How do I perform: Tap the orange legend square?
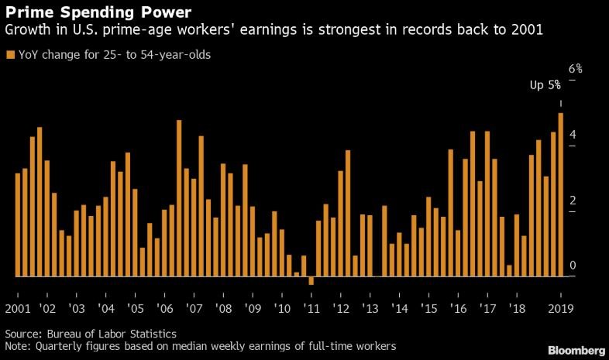[9, 55]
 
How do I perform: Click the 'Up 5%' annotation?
[545, 85]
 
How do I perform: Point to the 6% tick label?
[575, 69]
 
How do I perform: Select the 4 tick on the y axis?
[572, 135]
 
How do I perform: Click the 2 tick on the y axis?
[572, 201]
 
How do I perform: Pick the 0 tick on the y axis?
[572, 266]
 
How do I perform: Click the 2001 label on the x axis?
[18, 308]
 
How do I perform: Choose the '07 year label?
[193, 308]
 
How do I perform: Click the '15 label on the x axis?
[428, 308]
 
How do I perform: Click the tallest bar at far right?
[560, 194]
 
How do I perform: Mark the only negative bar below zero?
[311, 280]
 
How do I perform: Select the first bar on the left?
[18, 225]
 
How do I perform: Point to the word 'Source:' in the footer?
[23, 333]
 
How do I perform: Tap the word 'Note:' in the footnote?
[19, 345]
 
